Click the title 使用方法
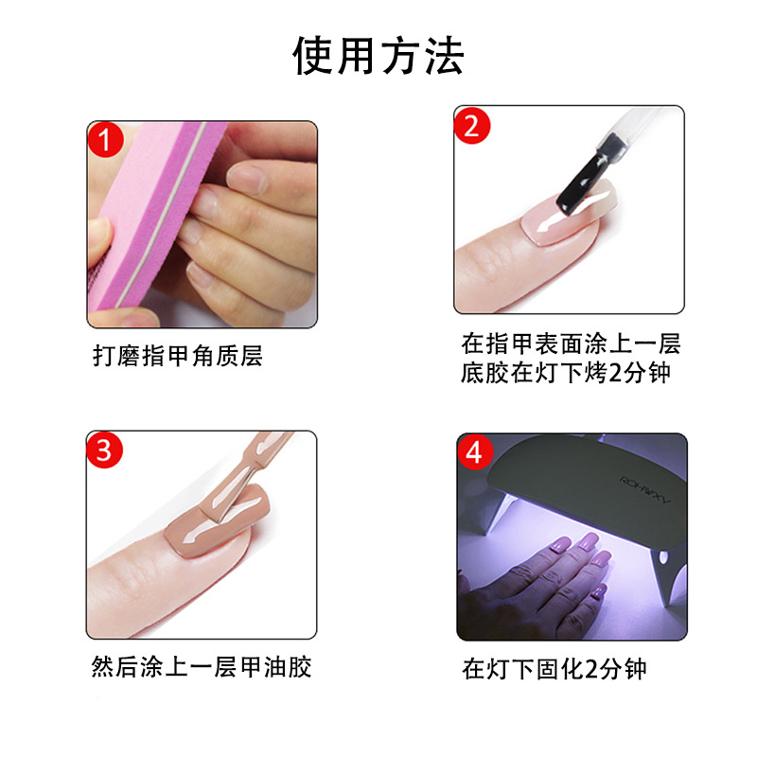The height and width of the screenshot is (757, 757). [x=378, y=56]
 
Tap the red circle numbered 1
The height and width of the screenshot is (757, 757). [x=106, y=140]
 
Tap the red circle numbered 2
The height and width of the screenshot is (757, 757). [x=471, y=127]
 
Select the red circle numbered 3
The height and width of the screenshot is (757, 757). [x=104, y=450]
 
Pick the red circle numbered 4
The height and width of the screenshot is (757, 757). [x=476, y=452]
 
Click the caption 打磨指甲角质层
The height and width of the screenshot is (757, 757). [x=178, y=356]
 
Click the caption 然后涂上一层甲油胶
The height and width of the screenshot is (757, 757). [x=202, y=667]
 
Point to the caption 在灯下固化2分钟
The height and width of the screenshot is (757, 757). [x=555, y=669]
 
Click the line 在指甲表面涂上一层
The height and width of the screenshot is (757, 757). [x=571, y=343]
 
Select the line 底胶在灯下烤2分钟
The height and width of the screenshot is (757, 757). [x=565, y=373]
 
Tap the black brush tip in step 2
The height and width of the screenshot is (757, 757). [x=582, y=180]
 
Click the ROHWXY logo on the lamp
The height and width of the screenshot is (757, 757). [x=645, y=489]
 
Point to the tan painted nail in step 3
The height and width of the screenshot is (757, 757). [x=216, y=521]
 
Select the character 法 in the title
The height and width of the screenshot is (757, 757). [x=444, y=56]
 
